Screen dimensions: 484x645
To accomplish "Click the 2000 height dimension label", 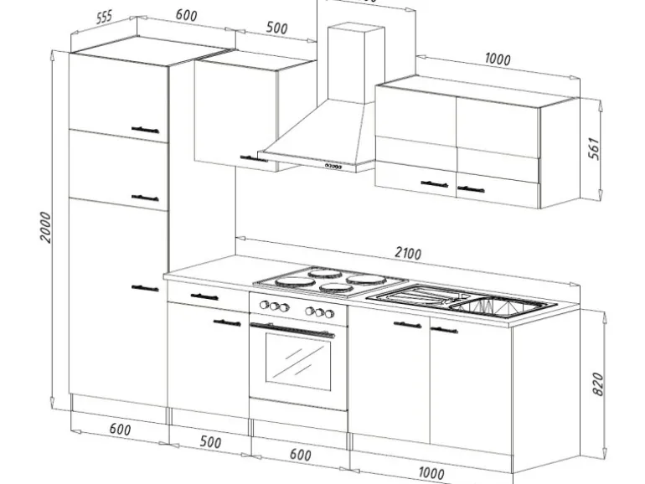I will click(x=47, y=225).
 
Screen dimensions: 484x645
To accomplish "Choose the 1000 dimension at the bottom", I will click(x=431, y=473).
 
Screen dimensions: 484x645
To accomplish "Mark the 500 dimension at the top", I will click(x=276, y=28).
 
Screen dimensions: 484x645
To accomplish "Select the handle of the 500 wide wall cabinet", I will click(x=249, y=157).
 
